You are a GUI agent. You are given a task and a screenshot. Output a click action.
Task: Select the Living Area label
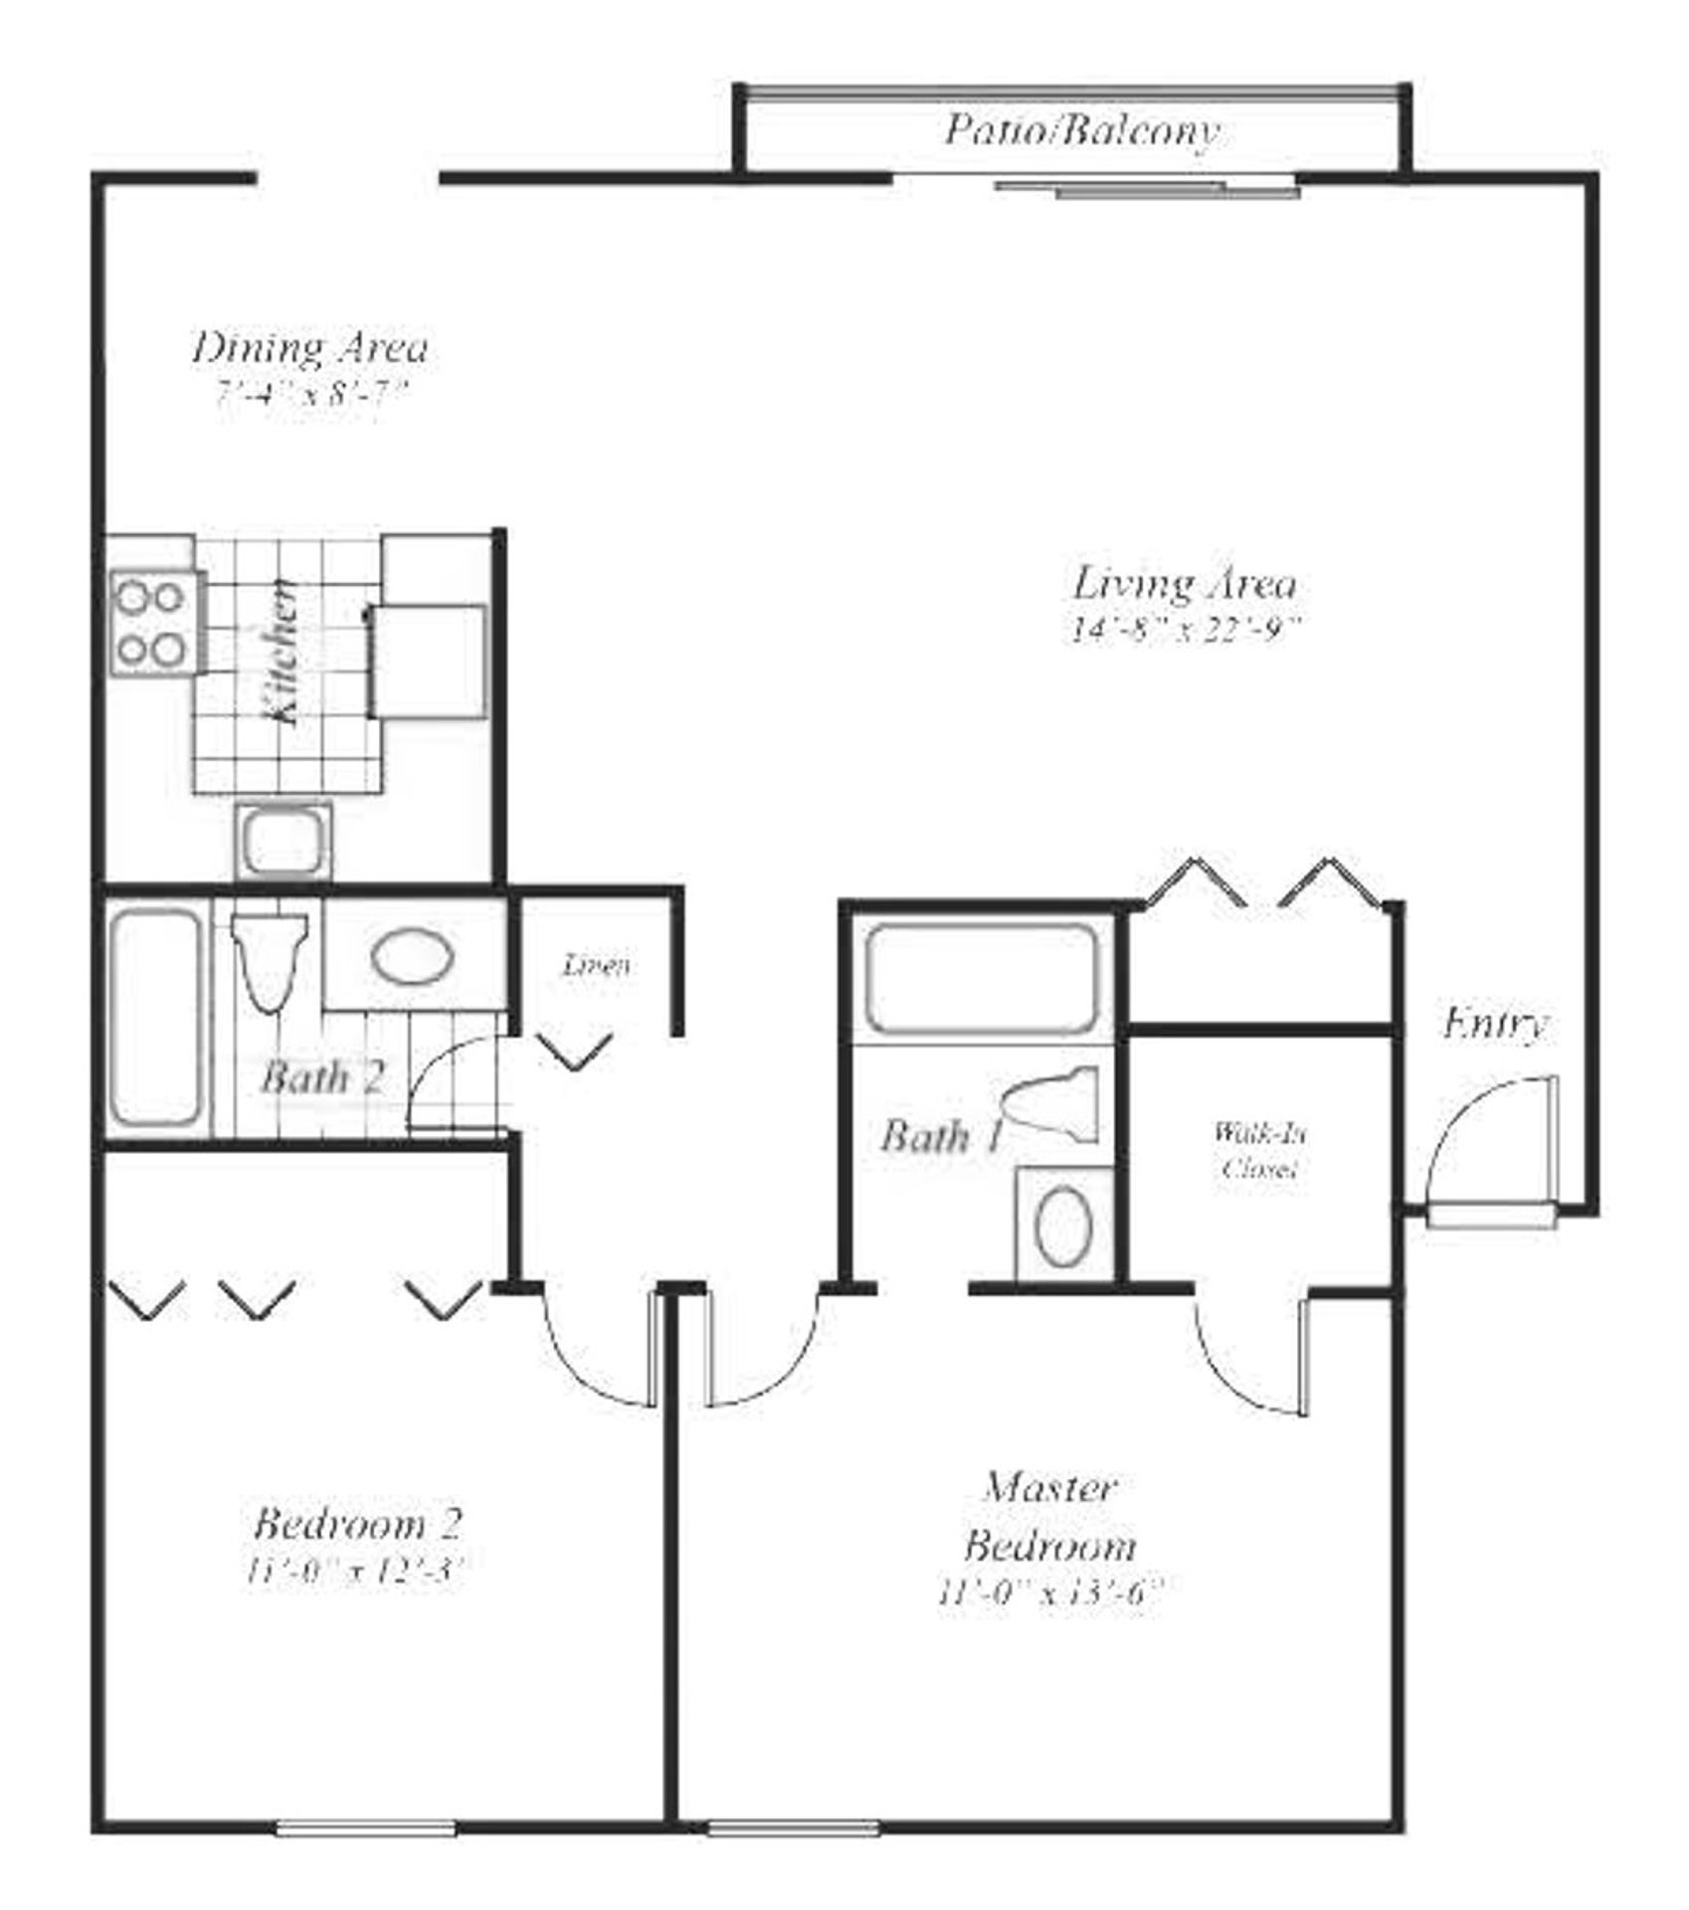tap(1184, 584)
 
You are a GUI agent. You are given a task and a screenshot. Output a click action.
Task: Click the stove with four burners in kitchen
tap(153, 624)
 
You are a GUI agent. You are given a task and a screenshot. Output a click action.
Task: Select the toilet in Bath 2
tap(269, 960)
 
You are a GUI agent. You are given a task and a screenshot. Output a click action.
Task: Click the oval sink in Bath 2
tap(413, 956)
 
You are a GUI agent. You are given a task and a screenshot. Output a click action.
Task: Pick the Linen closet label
tap(596, 964)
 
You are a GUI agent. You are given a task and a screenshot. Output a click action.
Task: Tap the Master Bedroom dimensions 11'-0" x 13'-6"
tap(1049, 1594)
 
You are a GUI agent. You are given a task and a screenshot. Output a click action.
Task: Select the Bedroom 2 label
tap(358, 1523)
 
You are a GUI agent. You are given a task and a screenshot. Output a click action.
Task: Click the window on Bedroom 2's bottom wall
tap(365, 1828)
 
